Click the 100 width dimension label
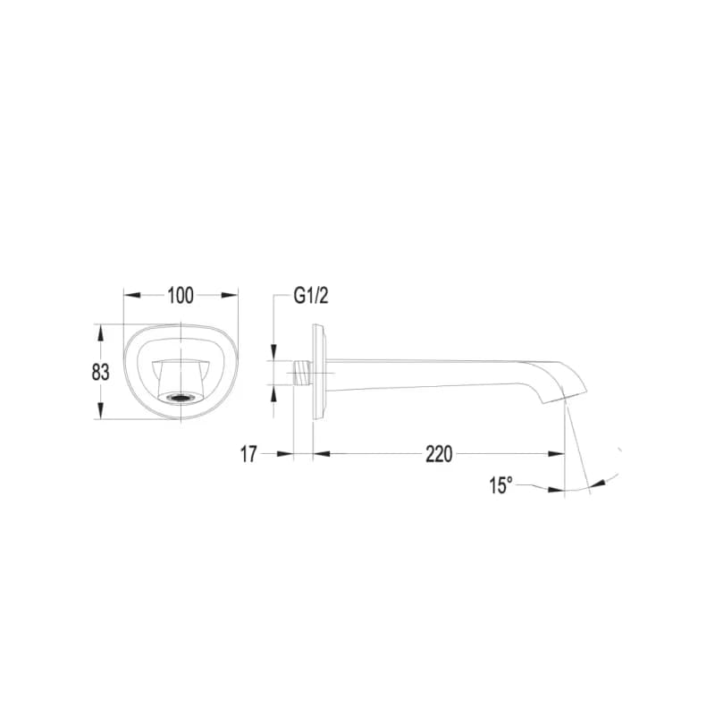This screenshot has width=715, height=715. coord(181,296)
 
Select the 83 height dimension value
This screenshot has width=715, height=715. coord(100,372)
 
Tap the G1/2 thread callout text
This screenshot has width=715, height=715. coord(311,296)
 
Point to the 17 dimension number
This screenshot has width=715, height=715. coord(248,454)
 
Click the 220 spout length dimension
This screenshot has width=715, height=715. coord(439,454)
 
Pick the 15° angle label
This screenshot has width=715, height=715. coord(501,485)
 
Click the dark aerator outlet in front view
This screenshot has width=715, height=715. coord(181,398)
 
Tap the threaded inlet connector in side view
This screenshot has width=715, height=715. coord(302,373)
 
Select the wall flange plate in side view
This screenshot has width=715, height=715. coord(318,372)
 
